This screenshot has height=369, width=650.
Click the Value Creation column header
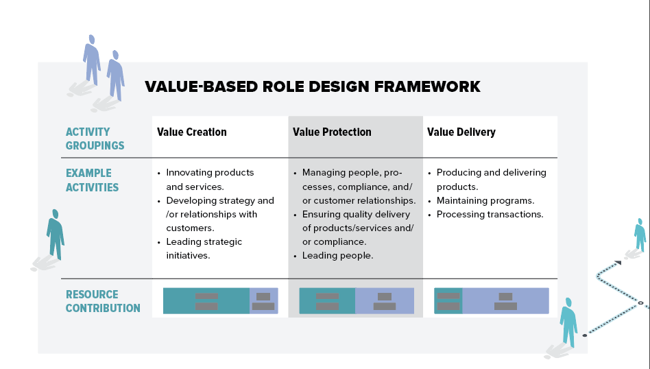tap(191, 132)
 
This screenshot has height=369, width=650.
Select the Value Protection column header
tap(332, 132)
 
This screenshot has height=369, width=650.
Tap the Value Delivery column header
tap(461, 132)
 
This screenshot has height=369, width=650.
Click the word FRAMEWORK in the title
tap(427, 86)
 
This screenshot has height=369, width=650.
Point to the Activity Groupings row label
tap(95, 139)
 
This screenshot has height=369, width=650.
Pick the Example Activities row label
tap(92, 180)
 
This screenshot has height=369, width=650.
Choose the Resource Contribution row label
tap(103, 301)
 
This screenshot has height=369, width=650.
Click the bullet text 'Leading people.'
tap(337, 255)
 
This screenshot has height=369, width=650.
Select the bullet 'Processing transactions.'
tap(490, 215)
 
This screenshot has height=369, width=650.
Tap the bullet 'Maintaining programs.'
tap(485, 201)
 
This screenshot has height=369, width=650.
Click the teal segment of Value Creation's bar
tap(206, 300)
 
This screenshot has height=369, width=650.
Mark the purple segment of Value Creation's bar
tap(264, 300)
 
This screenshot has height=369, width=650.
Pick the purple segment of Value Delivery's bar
tap(506, 300)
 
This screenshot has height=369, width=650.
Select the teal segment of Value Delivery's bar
tap(448, 300)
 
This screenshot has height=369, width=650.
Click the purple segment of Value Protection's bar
tap(385, 300)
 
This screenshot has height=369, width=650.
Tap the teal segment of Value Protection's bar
tap(327, 300)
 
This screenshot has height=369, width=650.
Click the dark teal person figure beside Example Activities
tap(55, 235)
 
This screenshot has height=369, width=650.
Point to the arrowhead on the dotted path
tap(618, 263)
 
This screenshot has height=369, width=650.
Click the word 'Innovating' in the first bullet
tap(188, 173)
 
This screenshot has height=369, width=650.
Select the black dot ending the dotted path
tap(584, 335)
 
